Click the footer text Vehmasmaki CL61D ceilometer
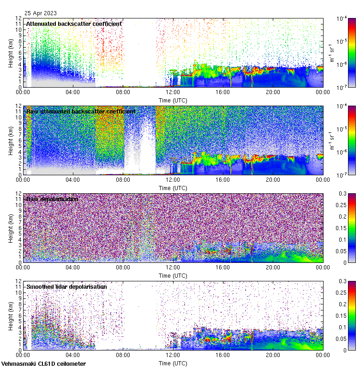coord(43,364)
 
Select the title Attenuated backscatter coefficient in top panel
coord(74,24)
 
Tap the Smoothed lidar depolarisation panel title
coord(66,286)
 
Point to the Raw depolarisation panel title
coord(52,199)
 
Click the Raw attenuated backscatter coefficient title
coord(81,111)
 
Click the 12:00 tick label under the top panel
coord(173,92)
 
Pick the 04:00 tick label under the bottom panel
coord(73,355)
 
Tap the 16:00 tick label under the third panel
coord(222,267)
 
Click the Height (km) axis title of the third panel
coord(11,228)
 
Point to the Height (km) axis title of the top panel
coord(11,53)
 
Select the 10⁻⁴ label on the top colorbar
coord(342,18)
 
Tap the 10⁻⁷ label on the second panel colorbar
coord(342,175)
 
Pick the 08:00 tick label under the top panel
coord(123,92)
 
